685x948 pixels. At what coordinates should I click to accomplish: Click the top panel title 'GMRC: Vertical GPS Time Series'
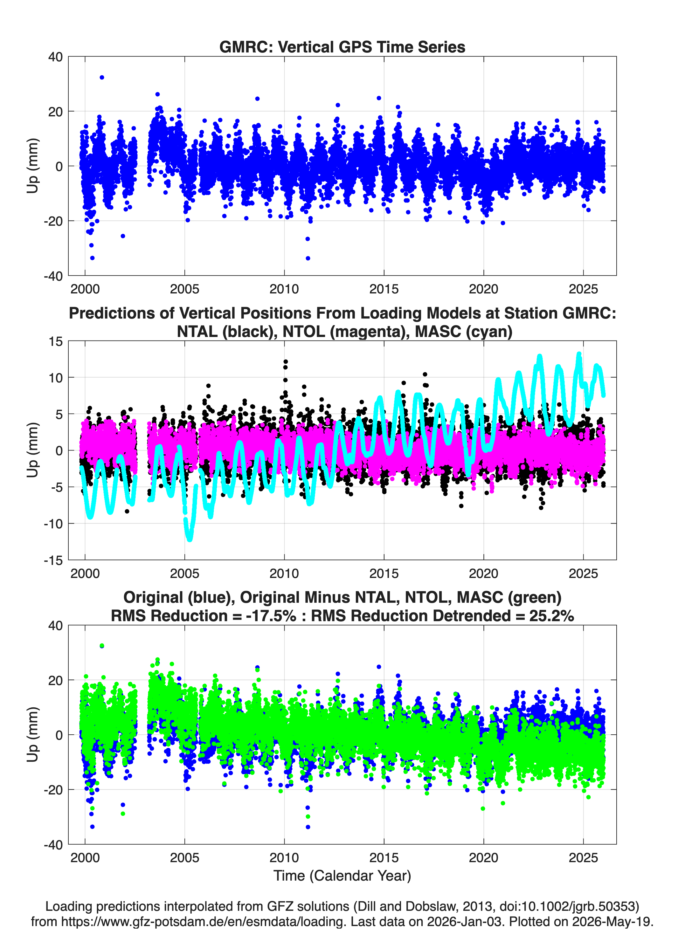[342, 47]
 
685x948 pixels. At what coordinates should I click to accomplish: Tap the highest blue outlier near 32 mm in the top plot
[102, 77]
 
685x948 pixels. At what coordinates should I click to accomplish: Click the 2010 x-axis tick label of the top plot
[284, 289]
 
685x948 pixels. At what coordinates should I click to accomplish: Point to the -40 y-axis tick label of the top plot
[53, 276]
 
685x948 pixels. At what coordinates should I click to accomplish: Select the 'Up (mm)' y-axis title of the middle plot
[33, 450]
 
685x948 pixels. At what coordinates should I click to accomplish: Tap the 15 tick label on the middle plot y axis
[56, 341]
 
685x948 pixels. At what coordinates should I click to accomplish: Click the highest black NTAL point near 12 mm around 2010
[286, 361]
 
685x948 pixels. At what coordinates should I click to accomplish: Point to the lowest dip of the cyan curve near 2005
[190, 539]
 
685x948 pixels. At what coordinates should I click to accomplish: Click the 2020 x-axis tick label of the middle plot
[483, 573]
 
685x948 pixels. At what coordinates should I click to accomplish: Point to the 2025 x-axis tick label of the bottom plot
[583, 857]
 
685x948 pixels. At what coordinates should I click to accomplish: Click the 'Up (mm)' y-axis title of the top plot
[33, 166]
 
